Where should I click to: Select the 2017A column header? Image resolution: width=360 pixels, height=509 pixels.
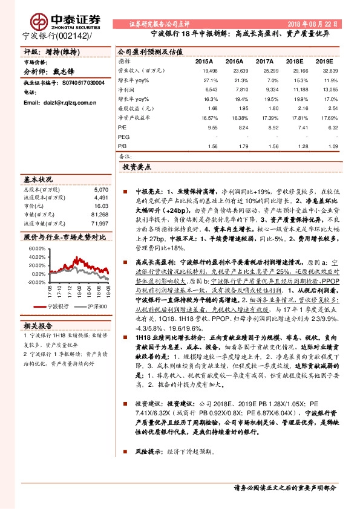pos(264,61)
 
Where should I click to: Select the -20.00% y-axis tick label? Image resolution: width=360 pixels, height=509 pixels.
pos(36,282)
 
